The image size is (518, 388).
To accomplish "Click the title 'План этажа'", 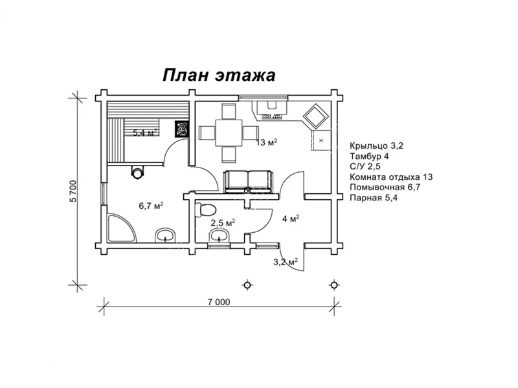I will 218,75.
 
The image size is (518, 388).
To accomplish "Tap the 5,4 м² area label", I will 146,133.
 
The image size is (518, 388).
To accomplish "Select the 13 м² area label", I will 267,142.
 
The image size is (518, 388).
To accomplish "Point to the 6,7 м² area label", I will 151,206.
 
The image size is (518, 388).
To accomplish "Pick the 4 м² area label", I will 289,219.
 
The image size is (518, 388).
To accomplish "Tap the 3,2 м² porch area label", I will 285,262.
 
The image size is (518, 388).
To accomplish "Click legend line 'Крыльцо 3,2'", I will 376,145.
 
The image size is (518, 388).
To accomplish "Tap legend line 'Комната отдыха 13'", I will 391,177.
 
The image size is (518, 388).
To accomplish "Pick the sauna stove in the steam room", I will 183,127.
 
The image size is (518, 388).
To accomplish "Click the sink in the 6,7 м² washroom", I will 165,235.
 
